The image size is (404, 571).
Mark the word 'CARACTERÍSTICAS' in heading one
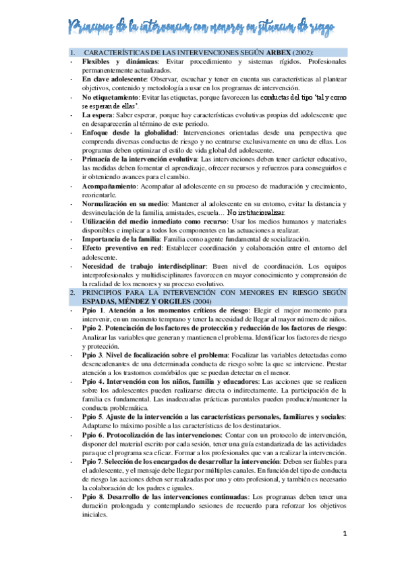120,53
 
